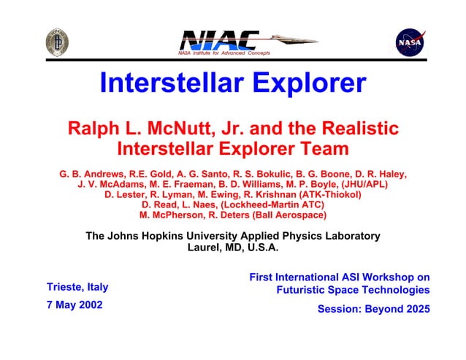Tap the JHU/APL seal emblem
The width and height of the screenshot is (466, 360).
click(58, 42)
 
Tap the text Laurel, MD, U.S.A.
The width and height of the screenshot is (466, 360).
click(233, 247)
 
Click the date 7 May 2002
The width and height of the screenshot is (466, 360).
click(74, 305)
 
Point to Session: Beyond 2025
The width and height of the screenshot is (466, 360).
click(373, 309)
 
